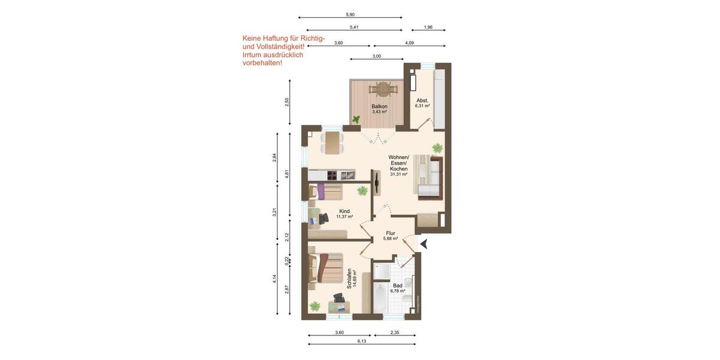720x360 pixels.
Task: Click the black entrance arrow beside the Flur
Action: pyautogui.click(x=424, y=244)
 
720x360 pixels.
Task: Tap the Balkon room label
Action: pyautogui.click(x=379, y=106)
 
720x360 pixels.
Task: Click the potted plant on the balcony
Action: pyautogui.click(x=356, y=119)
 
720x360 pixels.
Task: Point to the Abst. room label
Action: pyautogui.click(x=422, y=100)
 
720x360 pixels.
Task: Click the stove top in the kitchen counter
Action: pyautogui.click(x=332, y=175)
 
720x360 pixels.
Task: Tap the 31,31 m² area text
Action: pyautogui.click(x=398, y=175)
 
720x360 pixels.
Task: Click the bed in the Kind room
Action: pyautogui.click(x=326, y=192)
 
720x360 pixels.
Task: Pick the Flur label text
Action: pyautogui.click(x=391, y=233)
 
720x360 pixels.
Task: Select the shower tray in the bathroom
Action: pyautogui.click(x=382, y=271)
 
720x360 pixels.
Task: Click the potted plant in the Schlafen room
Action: pyautogui.click(x=315, y=306)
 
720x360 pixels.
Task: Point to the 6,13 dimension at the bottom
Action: pyautogui.click(x=362, y=341)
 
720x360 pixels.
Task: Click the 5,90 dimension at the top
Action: pyautogui.click(x=350, y=14)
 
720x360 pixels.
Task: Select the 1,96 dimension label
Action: pyautogui.click(x=428, y=28)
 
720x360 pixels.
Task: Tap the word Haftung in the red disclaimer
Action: pyautogui.click(x=277, y=38)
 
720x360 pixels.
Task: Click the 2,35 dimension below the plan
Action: pyautogui.click(x=395, y=332)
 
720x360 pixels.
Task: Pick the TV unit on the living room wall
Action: pyautogui.click(x=376, y=182)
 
